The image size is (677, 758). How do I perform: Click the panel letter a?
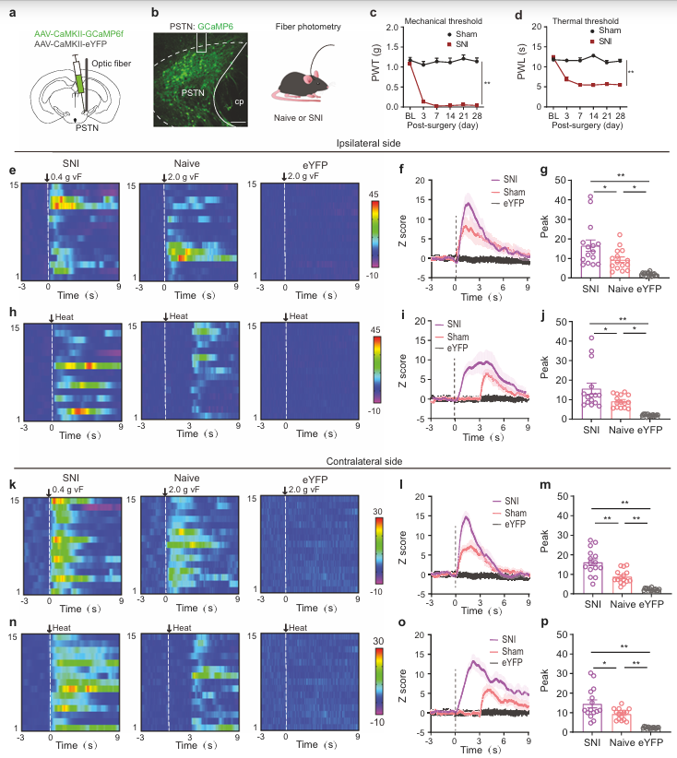13,13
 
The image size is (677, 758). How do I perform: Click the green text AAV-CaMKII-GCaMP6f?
78,34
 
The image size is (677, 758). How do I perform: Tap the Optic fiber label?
112,64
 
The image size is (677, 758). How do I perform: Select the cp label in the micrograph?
239,101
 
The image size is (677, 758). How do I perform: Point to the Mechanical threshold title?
443,21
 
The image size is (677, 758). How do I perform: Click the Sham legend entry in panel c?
461,34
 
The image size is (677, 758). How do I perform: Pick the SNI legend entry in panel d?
600,41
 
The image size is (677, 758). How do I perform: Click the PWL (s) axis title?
521,62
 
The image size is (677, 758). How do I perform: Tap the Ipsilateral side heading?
369,143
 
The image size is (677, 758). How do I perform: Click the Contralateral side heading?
364,461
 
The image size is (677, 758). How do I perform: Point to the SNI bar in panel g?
590,259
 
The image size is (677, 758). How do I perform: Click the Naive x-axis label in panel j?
621,430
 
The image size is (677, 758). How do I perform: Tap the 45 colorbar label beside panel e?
374,195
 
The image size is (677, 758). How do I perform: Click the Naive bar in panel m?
622,585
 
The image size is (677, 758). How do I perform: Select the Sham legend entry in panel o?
506,651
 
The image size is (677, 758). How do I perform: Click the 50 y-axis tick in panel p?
562,634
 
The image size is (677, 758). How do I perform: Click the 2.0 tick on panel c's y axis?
393,28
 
